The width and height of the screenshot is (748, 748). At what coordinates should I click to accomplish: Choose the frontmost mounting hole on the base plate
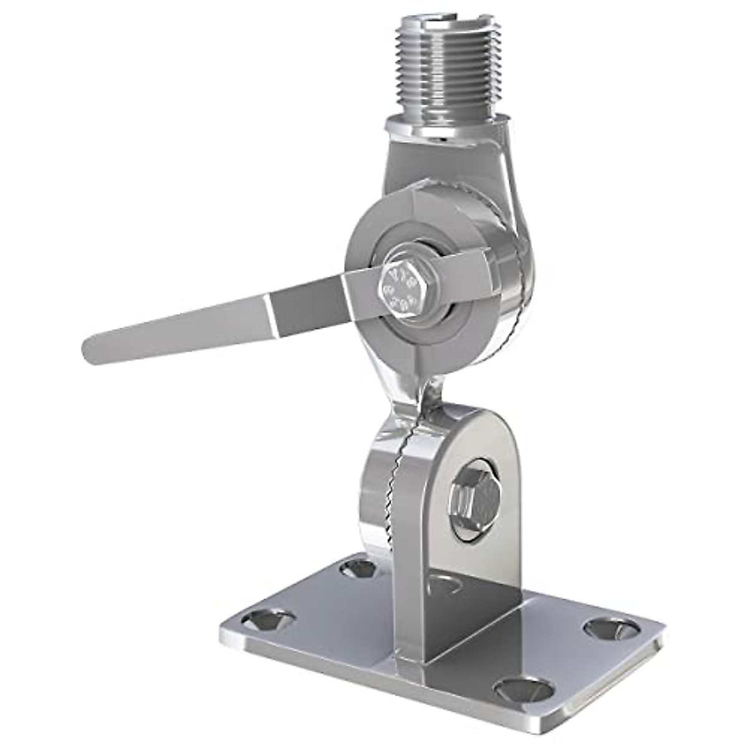[x=524, y=689]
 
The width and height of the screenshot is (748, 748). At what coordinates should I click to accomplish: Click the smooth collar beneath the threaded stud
[x=436, y=128]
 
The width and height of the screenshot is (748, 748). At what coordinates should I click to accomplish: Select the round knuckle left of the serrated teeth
[x=374, y=492]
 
